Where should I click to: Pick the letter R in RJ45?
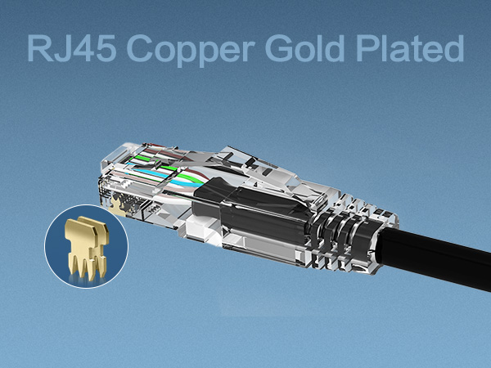point(38,48)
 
